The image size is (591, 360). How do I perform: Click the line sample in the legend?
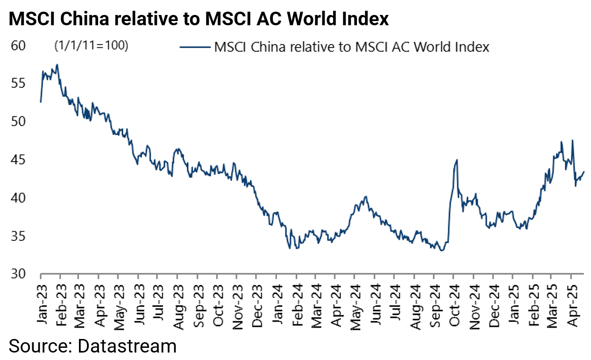click(x=194, y=47)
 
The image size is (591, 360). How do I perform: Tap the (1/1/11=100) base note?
click(x=92, y=46)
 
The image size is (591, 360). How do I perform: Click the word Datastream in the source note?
click(x=127, y=346)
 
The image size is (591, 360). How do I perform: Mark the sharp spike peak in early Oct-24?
click(x=456, y=160)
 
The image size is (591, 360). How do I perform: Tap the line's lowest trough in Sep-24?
click(x=441, y=251)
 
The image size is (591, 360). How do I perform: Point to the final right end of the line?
click(x=584, y=172)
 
